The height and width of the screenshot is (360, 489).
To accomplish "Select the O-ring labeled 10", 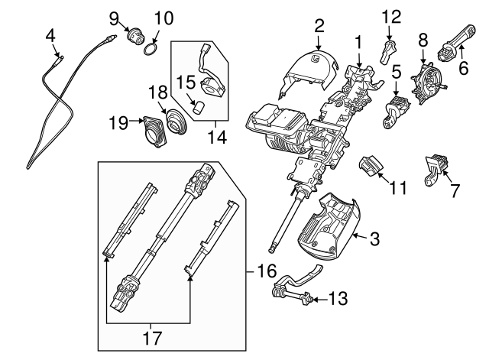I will coord(151,50).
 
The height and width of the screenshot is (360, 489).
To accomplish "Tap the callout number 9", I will coord(114,17).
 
